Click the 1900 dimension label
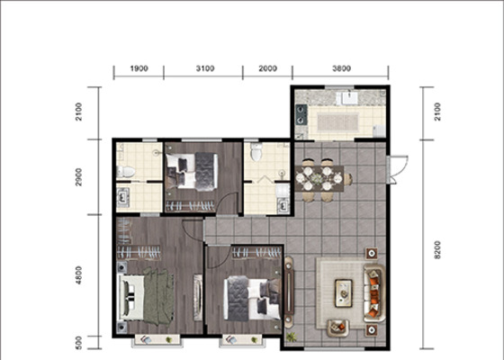[x=139, y=68]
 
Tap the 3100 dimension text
[x=205, y=68]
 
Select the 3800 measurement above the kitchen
[x=341, y=68]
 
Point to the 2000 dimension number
[x=268, y=68]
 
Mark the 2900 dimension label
[x=79, y=177]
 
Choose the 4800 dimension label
[x=79, y=275]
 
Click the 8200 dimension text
[x=437, y=250]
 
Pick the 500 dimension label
[x=79, y=343]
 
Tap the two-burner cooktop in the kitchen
[x=301, y=115]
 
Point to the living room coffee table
[x=344, y=292]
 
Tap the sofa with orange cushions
[x=374, y=293]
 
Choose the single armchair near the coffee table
[x=337, y=328]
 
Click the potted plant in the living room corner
[x=292, y=337]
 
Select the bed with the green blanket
[x=147, y=297]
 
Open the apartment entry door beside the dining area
[x=398, y=170]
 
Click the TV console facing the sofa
[x=289, y=290]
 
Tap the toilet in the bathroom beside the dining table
[x=256, y=152]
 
